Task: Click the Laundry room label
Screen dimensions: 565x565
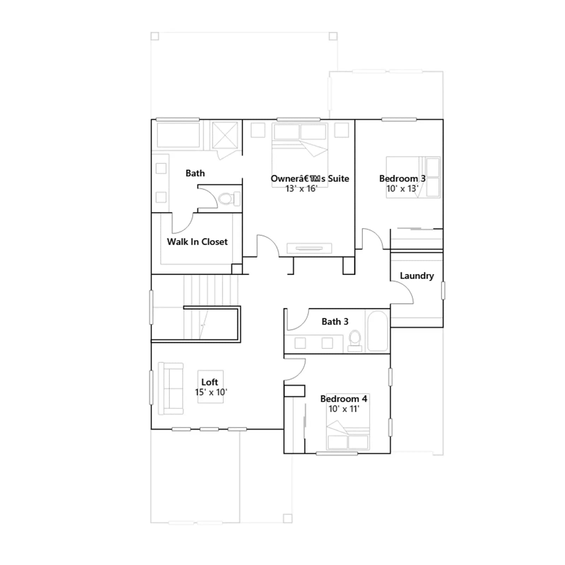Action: point(417,276)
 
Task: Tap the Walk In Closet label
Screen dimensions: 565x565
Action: point(197,242)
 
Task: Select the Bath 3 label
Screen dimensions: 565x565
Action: point(335,321)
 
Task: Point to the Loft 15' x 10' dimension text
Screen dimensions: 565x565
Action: point(211,392)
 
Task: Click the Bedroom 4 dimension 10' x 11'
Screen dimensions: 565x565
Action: point(344,409)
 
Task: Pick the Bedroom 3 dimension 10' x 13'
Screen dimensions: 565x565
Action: point(402,189)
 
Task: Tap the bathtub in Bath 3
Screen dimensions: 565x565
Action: point(378,331)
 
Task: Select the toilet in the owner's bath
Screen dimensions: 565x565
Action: point(229,198)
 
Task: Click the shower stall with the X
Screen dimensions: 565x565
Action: point(225,135)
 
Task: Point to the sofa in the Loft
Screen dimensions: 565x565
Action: point(171,388)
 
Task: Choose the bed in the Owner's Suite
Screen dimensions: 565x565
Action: point(300,155)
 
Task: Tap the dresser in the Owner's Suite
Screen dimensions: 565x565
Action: point(309,248)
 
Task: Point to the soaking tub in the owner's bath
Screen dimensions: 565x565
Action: point(178,135)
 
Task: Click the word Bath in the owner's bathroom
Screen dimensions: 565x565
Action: point(195,173)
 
